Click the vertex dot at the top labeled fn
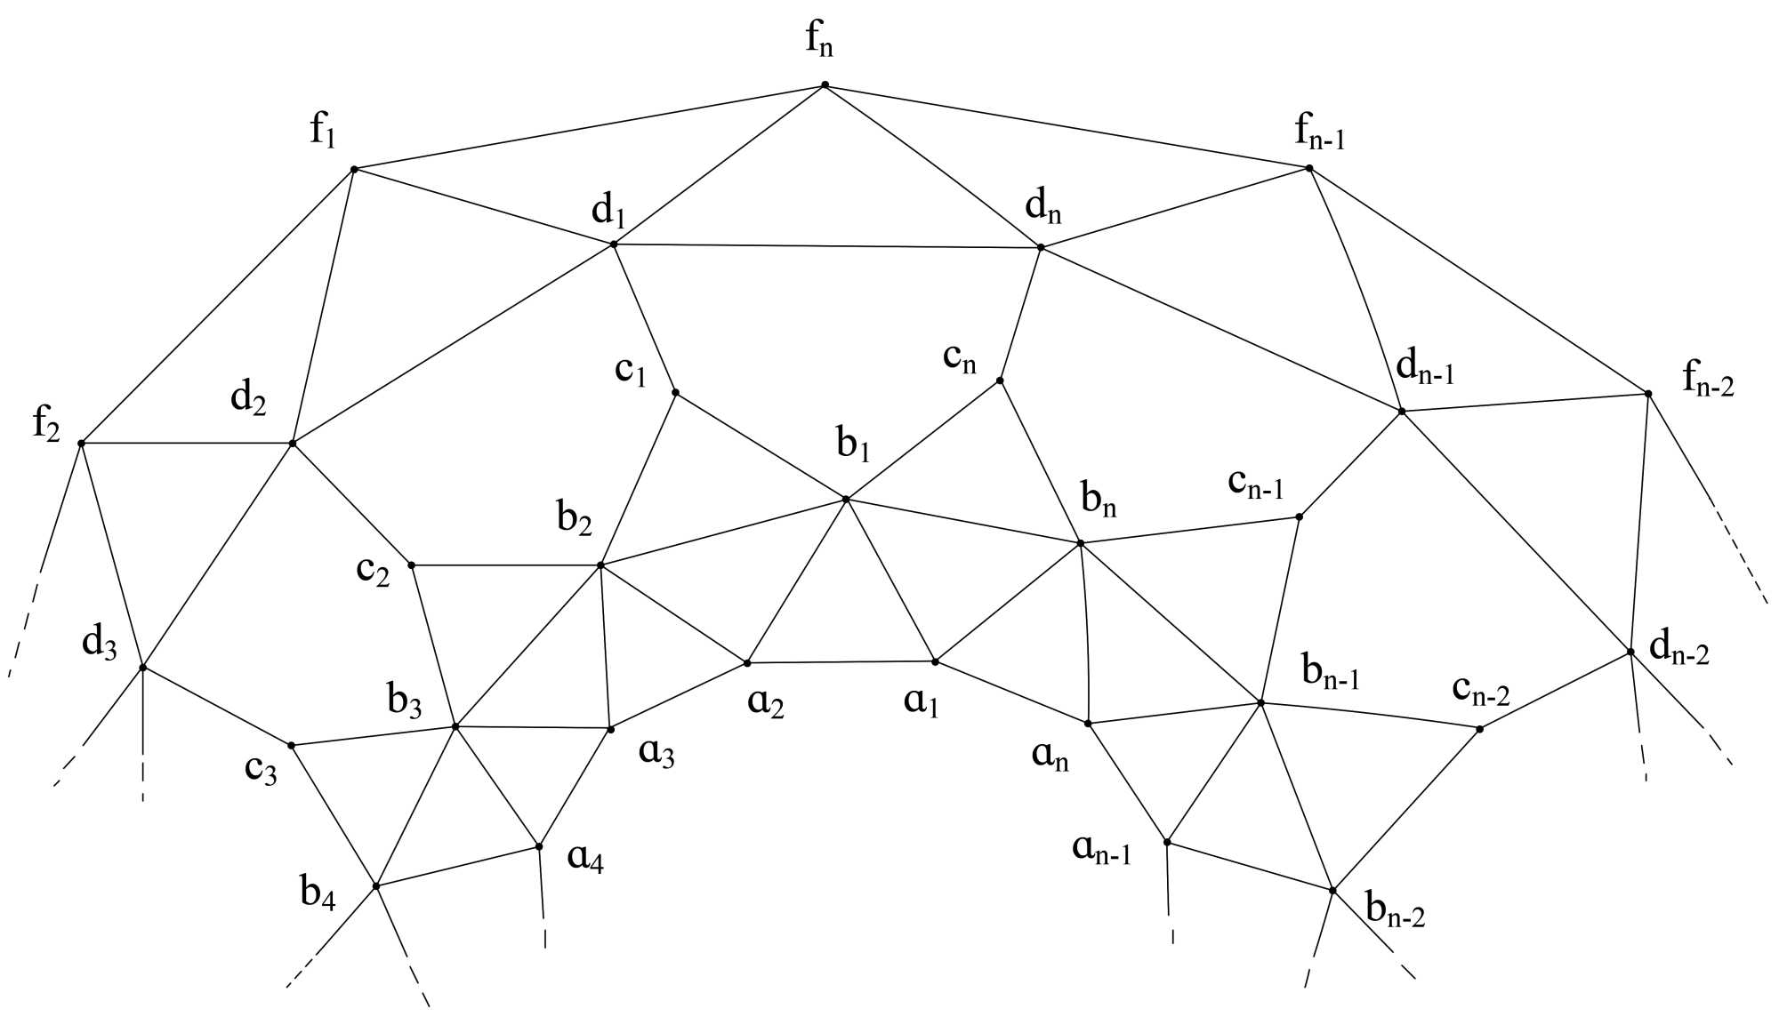click(825, 85)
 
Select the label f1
click(322, 132)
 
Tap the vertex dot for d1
click(614, 244)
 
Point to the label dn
click(1042, 206)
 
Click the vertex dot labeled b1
click(846, 500)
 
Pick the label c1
click(630, 370)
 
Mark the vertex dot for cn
click(1000, 380)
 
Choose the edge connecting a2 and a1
click(841, 662)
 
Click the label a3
click(656, 754)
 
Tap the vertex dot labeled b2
click(600, 565)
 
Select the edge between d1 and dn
click(827, 246)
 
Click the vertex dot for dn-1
click(1402, 412)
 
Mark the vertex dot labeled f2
click(81, 443)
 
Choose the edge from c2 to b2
click(505, 565)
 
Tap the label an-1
click(1101, 850)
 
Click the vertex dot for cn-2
click(1479, 729)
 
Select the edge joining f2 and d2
click(187, 443)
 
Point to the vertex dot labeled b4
click(376, 886)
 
